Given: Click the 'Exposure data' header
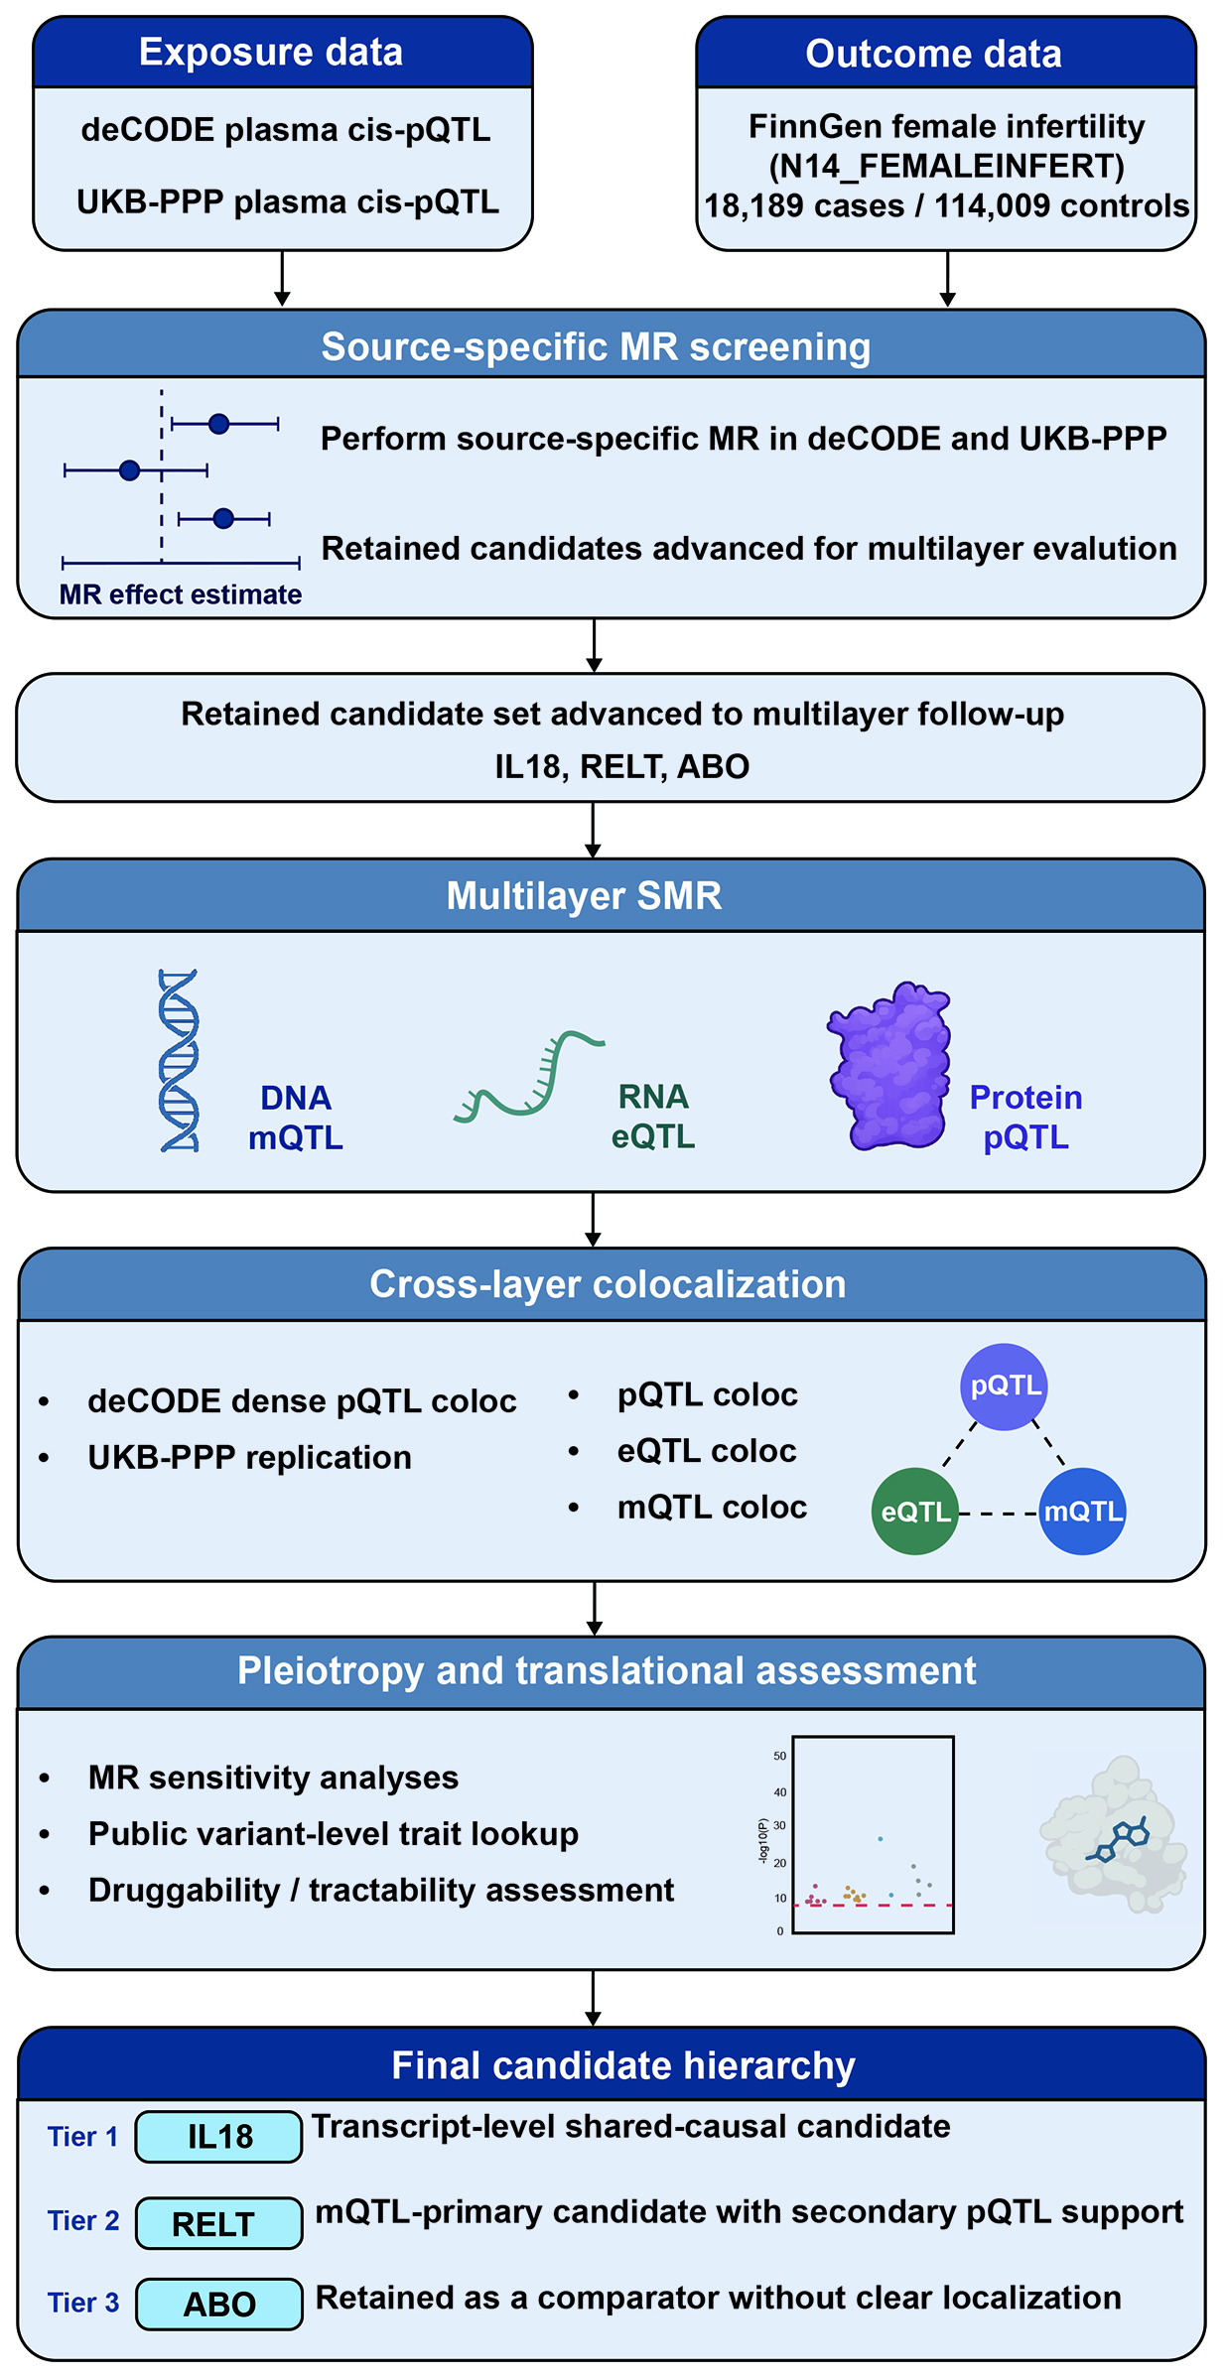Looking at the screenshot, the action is tap(271, 53).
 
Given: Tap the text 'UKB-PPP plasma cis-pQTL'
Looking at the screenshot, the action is tap(288, 202).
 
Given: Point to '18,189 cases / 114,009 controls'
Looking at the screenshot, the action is tap(947, 206).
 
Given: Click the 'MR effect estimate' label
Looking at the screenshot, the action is tap(181, 594).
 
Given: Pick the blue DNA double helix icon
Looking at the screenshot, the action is tap(180, 1060).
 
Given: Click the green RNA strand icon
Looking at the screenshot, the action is tap(528, 1077).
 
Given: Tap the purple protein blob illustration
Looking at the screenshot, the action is tap(888, 1065).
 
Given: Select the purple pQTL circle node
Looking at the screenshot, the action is tap(1004, 1387).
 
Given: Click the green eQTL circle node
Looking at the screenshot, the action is tap(915, 1512).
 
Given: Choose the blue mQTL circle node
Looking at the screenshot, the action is tap(1082, 1512).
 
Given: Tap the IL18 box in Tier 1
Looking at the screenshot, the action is tap(219, 2137).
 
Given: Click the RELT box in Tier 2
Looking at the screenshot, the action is tap(219, 2223).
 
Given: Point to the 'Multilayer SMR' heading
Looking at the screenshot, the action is tap(584, 896).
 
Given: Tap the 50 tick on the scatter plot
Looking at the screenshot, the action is tap(780, 1756).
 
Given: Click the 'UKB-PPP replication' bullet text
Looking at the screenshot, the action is tap(250, 1458).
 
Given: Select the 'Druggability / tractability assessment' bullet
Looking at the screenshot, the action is tap(381, 1891).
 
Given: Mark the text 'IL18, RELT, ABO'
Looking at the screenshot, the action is tap(622, 767).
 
